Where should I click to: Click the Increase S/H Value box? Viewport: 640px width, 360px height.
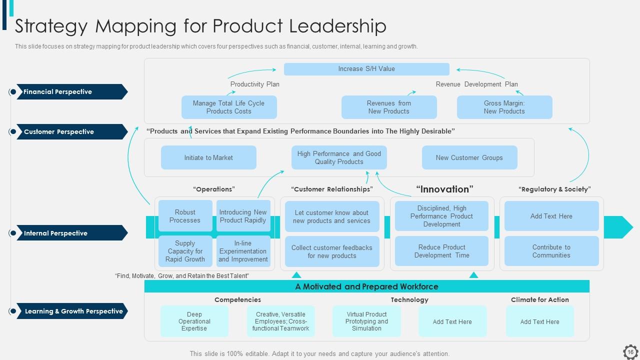point(366,69)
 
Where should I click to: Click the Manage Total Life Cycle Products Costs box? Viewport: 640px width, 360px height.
point(229,107)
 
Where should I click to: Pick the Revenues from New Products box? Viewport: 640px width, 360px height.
point(388,107)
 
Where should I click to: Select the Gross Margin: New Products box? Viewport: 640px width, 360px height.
point(504,107)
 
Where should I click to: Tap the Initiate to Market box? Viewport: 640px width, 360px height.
point(208,157)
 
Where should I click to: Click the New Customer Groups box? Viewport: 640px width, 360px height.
point(469,157)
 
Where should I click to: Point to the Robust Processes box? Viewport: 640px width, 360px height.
point(185,216)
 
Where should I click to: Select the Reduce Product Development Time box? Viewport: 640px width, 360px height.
point(441,251)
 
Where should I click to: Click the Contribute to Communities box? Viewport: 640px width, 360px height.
point(551,251)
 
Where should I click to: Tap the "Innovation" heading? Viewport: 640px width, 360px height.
point(444,189)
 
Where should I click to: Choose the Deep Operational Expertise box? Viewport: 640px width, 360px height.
point(194,321)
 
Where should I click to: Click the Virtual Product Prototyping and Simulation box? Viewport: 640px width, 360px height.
point(366,321)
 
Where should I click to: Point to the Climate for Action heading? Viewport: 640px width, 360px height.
point(539,299)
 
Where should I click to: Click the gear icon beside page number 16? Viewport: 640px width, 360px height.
point(630,351)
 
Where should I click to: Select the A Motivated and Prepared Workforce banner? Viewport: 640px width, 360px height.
point(366,286)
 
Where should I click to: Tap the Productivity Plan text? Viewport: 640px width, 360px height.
point(254,84)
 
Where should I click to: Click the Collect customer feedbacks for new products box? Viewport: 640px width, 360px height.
point(331,251)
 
